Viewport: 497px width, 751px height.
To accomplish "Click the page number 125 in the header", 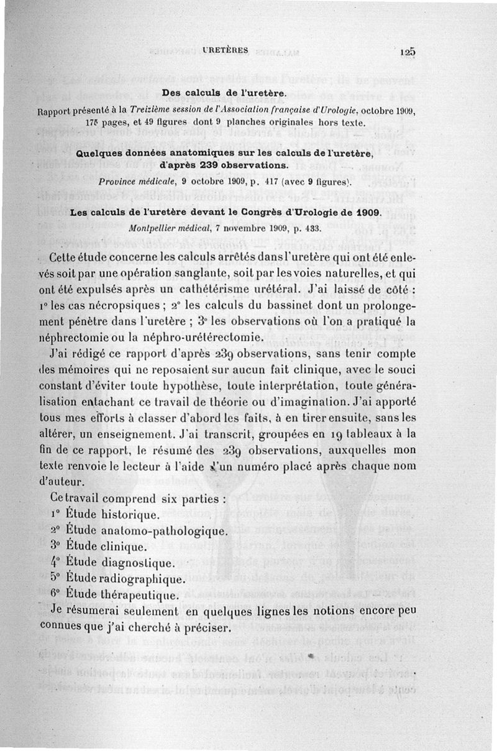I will coord(407,53).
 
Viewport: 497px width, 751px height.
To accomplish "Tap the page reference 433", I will coord(311,228).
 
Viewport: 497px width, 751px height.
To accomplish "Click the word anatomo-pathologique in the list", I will coord(165,531).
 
